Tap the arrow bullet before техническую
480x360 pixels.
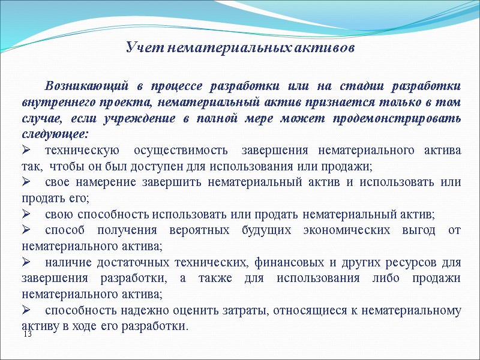tap(26, 149)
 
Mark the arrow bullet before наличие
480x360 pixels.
tap(26, 262)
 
